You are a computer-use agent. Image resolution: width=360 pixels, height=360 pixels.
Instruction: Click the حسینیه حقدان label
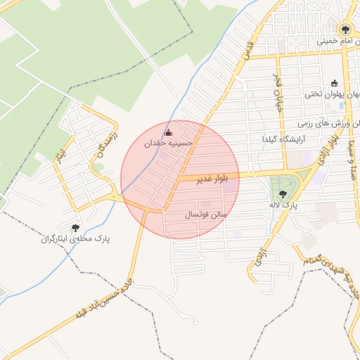coord(168,143)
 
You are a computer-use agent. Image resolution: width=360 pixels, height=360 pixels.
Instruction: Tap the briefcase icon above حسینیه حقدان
coord(167,132)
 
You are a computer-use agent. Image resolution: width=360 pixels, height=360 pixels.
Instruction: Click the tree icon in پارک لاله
coord(283,193)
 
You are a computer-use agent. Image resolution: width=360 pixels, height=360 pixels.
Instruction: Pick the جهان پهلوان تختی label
coord(332,93)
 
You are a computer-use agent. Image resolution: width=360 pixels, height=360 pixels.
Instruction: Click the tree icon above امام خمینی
coord(345,30)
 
